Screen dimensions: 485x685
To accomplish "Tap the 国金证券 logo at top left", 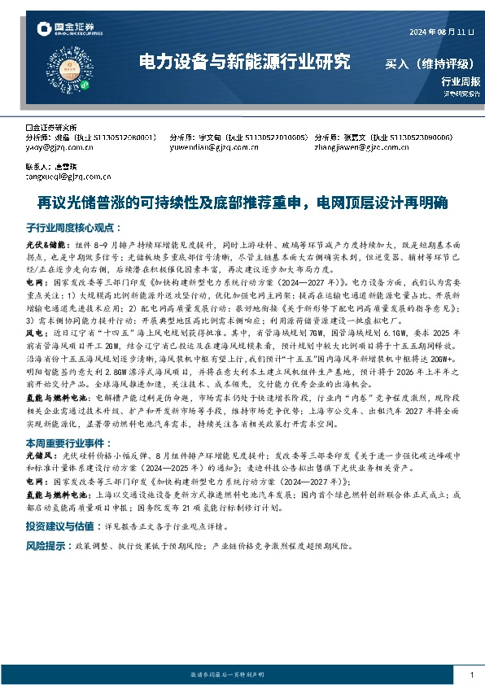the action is tap(68, 30).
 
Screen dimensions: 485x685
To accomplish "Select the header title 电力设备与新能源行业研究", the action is tap(244, 62).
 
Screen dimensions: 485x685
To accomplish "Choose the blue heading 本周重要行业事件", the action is tap(68, 443).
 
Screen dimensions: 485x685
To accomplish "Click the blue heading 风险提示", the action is tap(47, 545).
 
